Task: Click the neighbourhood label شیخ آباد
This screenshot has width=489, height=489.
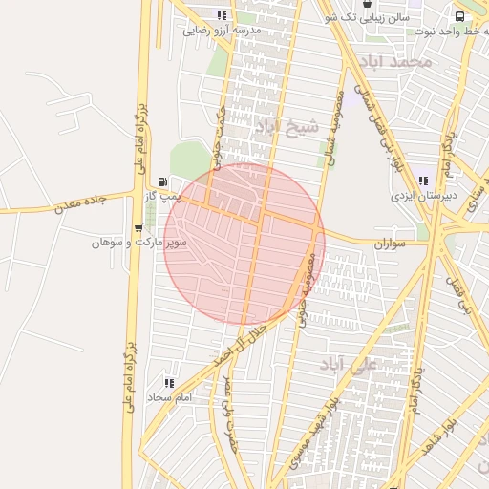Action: coord(277,125)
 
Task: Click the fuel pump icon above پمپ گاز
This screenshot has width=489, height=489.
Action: coord(164,181)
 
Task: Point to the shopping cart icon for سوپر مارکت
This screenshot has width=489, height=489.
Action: coord(139,228)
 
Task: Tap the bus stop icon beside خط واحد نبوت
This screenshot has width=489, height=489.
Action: coord(460,16)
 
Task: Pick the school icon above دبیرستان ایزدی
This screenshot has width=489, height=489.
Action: coord(423,181)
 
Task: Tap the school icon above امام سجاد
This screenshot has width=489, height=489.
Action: coord(169,383)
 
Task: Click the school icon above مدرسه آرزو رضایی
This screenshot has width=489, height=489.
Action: coord(223,15)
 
